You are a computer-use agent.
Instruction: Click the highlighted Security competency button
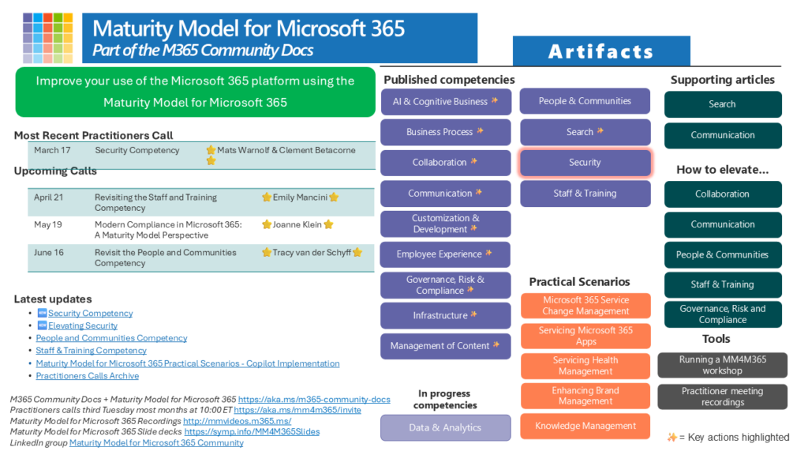click(585, 163)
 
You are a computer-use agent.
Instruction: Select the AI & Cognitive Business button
click(445, 101)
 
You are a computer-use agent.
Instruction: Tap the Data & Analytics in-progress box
click(445, 427)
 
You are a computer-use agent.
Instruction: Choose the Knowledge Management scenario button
click(585, 426)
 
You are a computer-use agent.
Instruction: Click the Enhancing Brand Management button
click(585, 396)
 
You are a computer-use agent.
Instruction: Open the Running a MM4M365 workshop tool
click(722, 365)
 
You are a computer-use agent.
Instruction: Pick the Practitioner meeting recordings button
click(722, 397)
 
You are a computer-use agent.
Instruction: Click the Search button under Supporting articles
click(722, 104)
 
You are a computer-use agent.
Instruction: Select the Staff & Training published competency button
click(585, 194)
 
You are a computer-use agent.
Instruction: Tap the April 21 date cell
click(49, 197)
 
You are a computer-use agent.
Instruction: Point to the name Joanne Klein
click(297, 224)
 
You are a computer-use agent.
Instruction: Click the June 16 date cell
click(49, 253)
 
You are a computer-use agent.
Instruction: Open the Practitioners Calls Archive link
click(87, 376)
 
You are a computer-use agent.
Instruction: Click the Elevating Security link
click(83, 325)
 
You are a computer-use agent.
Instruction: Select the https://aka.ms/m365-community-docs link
click(314, 400)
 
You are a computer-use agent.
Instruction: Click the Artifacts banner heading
click(601, 52)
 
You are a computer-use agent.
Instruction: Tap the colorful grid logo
click(47, 37)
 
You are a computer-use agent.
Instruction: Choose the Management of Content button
click(445, 345)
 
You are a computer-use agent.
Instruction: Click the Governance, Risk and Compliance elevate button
click(722, 314)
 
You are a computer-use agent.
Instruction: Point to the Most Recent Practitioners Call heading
click(93, 135)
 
